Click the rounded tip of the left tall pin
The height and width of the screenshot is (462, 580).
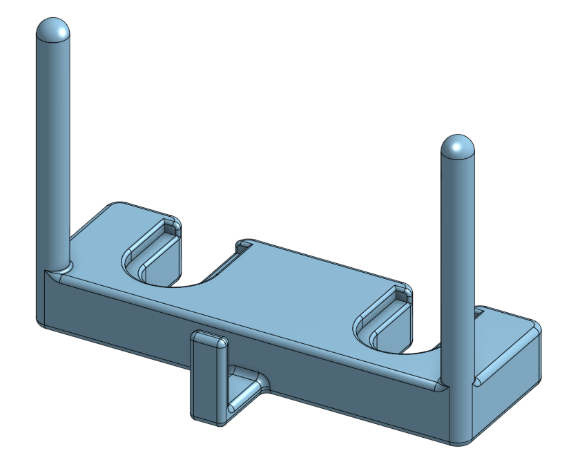tap(52, 31)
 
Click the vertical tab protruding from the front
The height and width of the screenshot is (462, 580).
tap(206, 380)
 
